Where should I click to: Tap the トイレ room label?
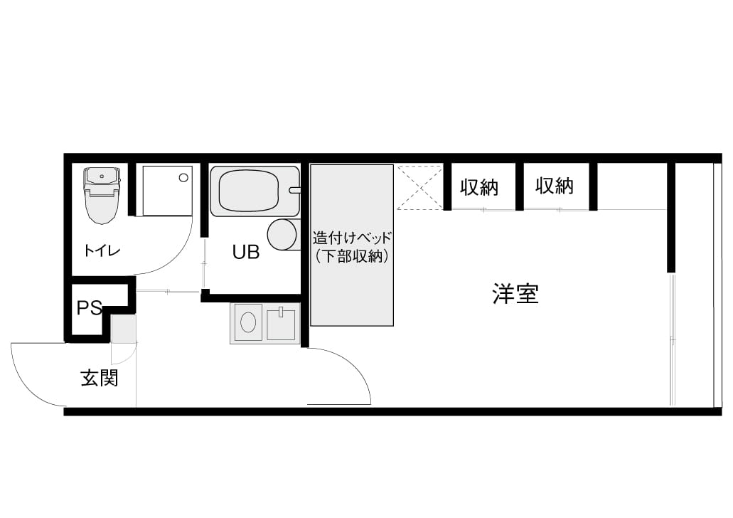pos(102,250)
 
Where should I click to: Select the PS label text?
pos(90,307)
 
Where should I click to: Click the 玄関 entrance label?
pos(100,378)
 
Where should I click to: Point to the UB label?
pos(246,252)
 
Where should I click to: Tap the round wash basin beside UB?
pos(282,234)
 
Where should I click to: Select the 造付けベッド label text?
pos(352,238)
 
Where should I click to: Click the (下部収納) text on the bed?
pos(352,256)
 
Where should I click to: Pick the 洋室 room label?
pos(515,294)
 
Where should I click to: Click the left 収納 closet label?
pos(479,188)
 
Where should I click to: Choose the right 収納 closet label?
pos(555,186)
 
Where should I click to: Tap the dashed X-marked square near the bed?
pos(419,187)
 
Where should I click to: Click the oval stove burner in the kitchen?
pos(247,322)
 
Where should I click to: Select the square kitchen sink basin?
pos(281,324)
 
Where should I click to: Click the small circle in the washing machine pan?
pos(183,178)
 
